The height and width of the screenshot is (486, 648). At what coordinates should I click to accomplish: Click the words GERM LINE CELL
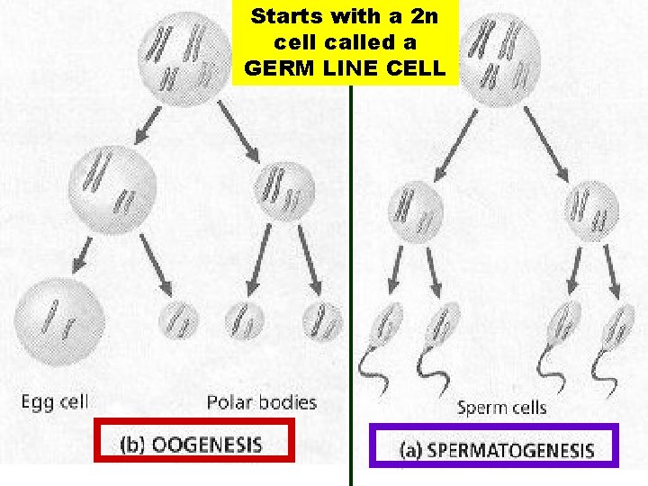pyautogui.click(x=346, y=68)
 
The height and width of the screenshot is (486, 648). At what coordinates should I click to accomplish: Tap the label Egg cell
pyautogui.click(x=55, y=401)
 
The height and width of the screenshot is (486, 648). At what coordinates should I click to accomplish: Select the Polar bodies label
pyautogui.click(x=262, y=401)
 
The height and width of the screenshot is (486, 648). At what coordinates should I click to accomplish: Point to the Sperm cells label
pyautogui.click(x=501, y=408)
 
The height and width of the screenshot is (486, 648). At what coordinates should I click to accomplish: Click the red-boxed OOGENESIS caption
pyautogui.click(x=194, y=444)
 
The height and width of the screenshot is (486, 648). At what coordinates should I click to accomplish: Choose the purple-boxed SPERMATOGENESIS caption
pyautogui.click(x=494, y=448)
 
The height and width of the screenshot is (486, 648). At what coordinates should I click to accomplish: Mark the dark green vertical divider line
pyautogui.click(x=349, y=270)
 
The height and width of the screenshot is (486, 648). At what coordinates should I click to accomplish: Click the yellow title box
pyautogui.click(x=346, y=43)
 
